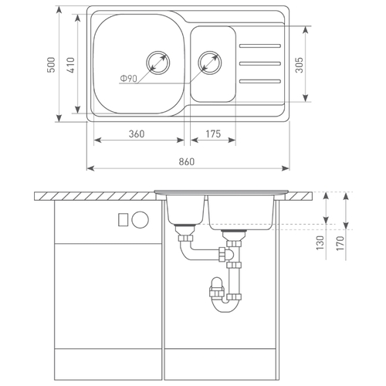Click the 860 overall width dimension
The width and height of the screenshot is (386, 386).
(x=187, y=161)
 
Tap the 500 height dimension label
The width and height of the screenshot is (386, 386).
(x=51, y=65)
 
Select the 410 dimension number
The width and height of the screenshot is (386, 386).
(x=71, y=65)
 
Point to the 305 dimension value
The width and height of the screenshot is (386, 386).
(x=299, y=65)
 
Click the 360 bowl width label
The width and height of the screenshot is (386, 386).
(x=137, y=134)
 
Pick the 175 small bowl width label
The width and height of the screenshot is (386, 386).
(x=213, y=134)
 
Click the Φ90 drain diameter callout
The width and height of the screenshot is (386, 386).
(x=129, y=78)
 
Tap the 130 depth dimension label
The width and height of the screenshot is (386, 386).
(x=320, y=242)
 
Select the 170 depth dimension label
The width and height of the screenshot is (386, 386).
(x=340, y=243)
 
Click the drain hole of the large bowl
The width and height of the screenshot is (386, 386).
(x=158, y=63)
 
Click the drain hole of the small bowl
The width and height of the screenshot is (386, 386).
(x=210, y=63)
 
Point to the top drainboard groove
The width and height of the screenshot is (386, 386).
(x=260, y=46)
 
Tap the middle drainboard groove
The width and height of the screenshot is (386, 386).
(x=260, y=63)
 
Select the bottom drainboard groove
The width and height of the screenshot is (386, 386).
(x=260, y=81)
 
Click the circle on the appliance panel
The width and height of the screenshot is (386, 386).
(x=140, y=219)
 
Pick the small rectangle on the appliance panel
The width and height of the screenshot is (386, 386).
(x=123, y=220)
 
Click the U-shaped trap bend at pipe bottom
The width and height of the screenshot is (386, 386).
(x=225, y=308)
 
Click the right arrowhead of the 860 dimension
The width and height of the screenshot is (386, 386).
(x=285, y=168)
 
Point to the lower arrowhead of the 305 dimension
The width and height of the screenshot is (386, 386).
(x=306, y=97)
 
